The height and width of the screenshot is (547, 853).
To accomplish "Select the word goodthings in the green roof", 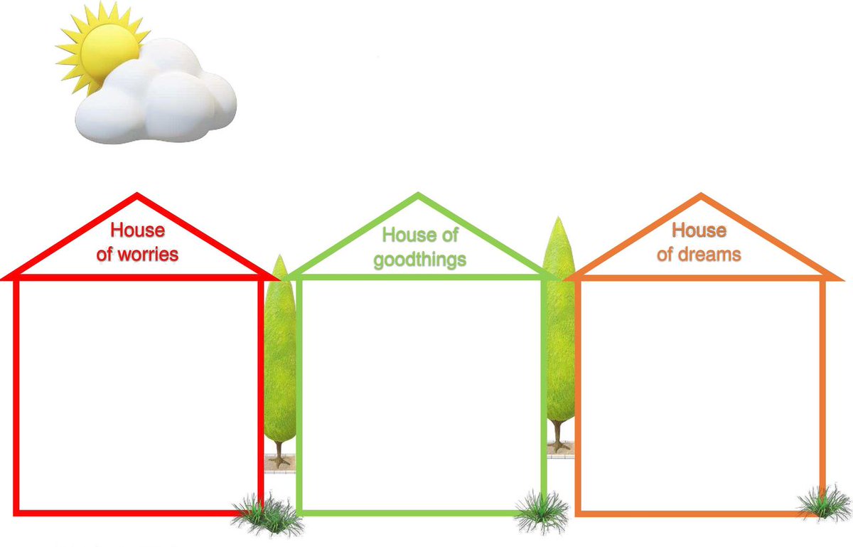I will coord(420,259).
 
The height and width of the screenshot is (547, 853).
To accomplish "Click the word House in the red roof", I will coord(138,230).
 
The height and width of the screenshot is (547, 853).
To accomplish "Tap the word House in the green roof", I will coord(407,235).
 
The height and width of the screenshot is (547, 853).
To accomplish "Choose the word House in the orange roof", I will coord(699,230).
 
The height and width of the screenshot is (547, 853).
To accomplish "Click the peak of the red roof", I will coord(137,196).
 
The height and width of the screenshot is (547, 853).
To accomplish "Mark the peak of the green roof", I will coord(419,196).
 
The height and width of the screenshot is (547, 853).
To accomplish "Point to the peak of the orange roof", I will coord(701,196).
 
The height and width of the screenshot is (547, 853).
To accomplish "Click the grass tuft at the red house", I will coord(266,514).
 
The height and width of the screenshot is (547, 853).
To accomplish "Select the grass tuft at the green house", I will coord(542,509).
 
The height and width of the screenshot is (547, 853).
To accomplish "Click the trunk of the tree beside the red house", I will coord(280,452).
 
